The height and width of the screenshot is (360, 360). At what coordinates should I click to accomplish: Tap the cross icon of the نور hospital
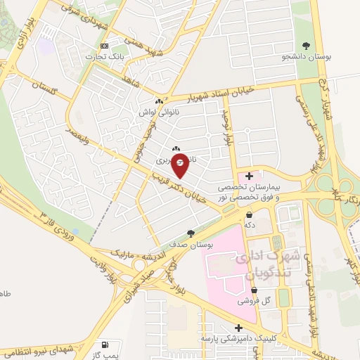pos(249,175)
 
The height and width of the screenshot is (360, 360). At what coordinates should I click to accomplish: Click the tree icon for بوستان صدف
pos(190,233)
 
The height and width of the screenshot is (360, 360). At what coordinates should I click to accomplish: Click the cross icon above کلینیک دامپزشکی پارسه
pos(239,328)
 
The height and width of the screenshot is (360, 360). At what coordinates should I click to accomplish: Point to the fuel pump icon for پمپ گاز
pos(105,345)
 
